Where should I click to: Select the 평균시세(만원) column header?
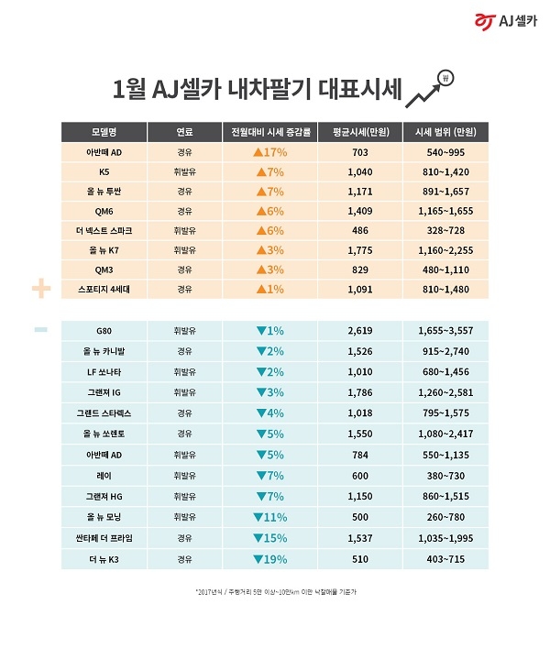tap(360, 131)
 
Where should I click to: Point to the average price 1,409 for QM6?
tap(360, 211)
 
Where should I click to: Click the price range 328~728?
tap(444, 231)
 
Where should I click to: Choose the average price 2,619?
tap(360, 329)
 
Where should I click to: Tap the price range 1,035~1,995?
tap(444, 536)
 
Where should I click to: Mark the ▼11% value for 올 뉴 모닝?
tap(269, 516)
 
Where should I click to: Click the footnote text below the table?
tap(275, 593)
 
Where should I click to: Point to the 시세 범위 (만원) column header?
tap(444, 131)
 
